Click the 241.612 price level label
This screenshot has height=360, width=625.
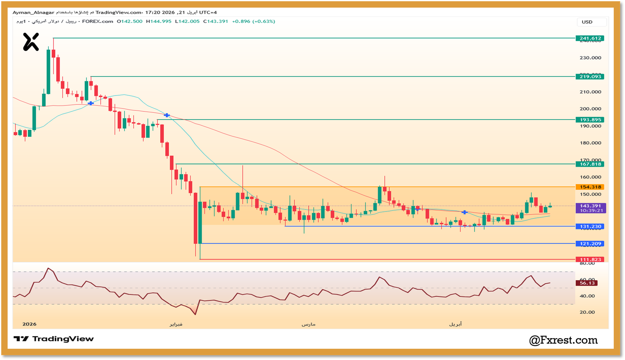[590, 38]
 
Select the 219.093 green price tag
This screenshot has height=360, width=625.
[590, 77]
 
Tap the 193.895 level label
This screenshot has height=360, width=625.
[590, 120]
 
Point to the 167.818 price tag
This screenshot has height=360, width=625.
[590, 164]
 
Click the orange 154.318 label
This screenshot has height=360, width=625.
[590, 187]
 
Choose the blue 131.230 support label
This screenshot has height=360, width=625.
[590, 226]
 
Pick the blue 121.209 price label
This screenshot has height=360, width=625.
[590, 244]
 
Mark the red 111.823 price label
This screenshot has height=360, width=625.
[590, 260]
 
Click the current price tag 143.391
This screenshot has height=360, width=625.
[591, 206]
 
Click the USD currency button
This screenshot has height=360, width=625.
[587, 22]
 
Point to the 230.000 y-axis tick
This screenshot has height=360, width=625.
[590, 58]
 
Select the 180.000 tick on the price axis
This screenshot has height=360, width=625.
[590, 143]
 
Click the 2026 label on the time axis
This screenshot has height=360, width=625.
[29, 324]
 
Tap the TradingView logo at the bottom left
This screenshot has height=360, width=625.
[54, 339]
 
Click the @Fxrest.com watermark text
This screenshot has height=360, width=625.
[563, 340]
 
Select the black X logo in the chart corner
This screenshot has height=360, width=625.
[31, 42]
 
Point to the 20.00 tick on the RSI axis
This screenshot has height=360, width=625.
[587, 312]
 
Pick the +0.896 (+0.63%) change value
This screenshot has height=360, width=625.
[254, 21]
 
